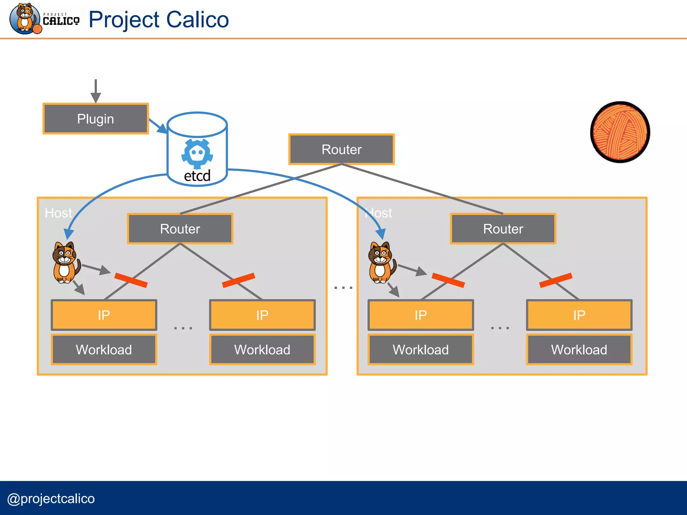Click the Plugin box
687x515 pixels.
pyautogui.click(x=96, y=119)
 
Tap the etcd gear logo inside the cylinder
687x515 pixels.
pyautogui.click(x=197, y=154)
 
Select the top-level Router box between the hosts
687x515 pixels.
pyautogui.click(x=341, y=150)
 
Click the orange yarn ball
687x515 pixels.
pyautogui.click(x=620, y=132)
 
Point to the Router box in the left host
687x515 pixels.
pyautogui.click(x=180, y=229)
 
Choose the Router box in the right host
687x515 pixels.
pyautogui.click(x=503, y=229)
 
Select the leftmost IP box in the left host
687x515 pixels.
pyautogui.click(x=104, y=315)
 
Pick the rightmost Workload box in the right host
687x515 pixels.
pyautogui.click(x=579, y=350)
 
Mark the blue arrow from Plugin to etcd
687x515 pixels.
pyautogui.click(x=158, y=126)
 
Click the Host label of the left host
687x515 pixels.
pyautogui.click(x=58, y=213)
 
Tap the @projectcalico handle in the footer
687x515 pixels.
pyautogui.click(x=51, y=499)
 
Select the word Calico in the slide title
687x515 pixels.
pyautogui.click(x=197, y=19)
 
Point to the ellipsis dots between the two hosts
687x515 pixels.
pyautogui.click(x=343, y=288)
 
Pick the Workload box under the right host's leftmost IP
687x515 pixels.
pyautogui.click(x=421, y=350)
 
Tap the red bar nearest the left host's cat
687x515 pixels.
pyautogui.click(x=131, y=280)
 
